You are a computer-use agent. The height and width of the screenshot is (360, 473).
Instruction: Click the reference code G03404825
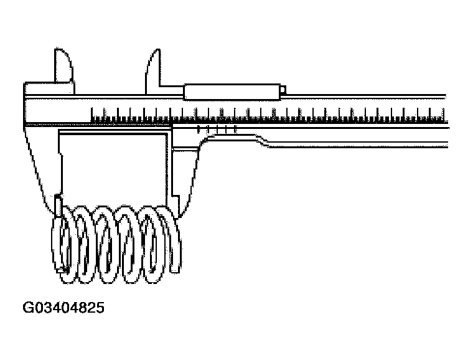(63, 308)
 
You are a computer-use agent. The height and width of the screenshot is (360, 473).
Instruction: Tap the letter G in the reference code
(28, 308)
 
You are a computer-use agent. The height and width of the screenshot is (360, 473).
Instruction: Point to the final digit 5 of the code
(100, 308)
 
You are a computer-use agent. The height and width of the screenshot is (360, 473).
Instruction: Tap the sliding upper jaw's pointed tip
(151, 52)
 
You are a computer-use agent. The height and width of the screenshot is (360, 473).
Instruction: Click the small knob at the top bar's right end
(283, 92)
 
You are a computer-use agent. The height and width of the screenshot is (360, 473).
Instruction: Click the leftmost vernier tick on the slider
(198, 130)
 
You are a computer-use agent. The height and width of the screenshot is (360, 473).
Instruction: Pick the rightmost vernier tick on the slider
(236, 130)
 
